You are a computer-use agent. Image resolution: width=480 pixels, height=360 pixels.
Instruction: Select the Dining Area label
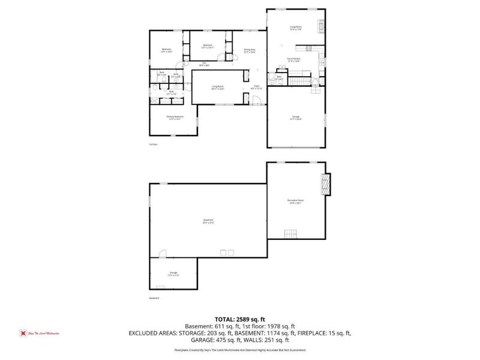250,51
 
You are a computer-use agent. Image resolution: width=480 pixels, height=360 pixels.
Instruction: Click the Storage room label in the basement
173,274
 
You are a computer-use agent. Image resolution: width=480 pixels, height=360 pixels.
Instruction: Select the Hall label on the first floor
205,64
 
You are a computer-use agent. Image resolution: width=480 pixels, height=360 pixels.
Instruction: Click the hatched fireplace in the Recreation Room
326,185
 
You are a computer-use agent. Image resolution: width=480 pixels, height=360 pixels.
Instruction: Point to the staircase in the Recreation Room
290,233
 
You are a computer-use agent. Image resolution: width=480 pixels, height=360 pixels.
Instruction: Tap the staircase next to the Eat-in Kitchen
299,80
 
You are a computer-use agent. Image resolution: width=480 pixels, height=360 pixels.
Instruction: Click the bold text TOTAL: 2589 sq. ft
240,319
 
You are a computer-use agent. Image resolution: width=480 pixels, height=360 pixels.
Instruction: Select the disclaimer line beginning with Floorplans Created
240,349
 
